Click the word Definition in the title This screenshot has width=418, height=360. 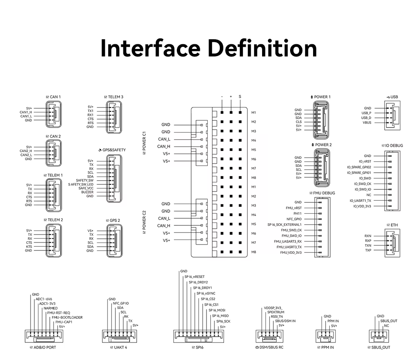pos(263,48)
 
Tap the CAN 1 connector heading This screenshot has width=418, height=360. pos(54,97)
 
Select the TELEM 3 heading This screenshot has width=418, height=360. pos(114,97)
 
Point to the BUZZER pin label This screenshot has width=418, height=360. pos(87,192)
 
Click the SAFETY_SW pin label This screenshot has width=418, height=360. pos(84,180)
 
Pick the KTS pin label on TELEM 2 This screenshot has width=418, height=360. pos(29,247)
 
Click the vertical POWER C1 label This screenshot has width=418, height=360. pos(144,143)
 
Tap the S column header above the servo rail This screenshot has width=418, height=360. pos(240,97)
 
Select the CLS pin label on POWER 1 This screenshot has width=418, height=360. pos(298,122)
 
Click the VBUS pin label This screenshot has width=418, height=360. pos(367,123)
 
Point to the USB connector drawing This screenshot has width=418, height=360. pos(392,115)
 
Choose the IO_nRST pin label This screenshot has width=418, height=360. pos(364,161)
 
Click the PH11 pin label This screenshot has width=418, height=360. pos(298,214)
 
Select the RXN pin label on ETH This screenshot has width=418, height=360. pos(368,236)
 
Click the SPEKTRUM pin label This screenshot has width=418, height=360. pos(276,312)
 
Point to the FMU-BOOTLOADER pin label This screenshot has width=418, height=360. pos(67,317)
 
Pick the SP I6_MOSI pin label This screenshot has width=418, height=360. pos(217,310)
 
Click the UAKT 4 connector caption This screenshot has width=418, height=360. pos(119,347)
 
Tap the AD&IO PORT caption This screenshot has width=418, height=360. pos(43,347)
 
